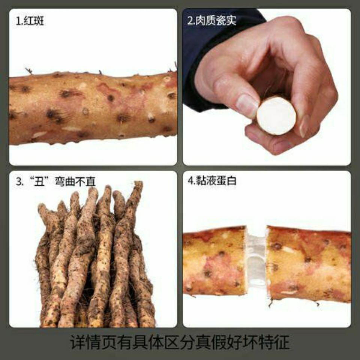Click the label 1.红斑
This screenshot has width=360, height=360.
coord(30,21)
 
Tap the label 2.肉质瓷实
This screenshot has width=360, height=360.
coord(211,20)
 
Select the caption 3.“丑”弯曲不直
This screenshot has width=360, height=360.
coord(55,181)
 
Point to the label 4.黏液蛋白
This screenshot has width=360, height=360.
coord(212,181)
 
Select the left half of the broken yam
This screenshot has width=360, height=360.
coord(214,261)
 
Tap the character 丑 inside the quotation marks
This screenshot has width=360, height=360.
coord(39,181)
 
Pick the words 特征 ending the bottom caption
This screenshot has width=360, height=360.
coord(274,342)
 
